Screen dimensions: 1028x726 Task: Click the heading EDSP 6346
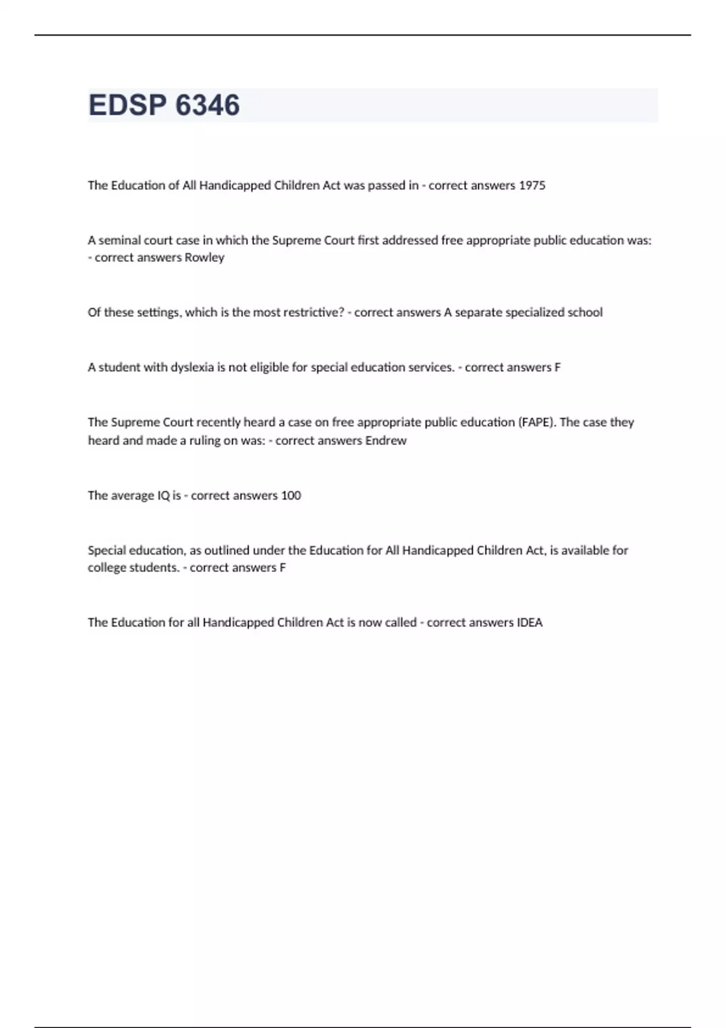click(164, 105)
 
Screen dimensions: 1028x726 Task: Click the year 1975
click(532, 186)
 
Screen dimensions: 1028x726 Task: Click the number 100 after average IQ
click(291, 496)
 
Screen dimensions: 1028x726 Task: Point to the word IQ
click(163, 496)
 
